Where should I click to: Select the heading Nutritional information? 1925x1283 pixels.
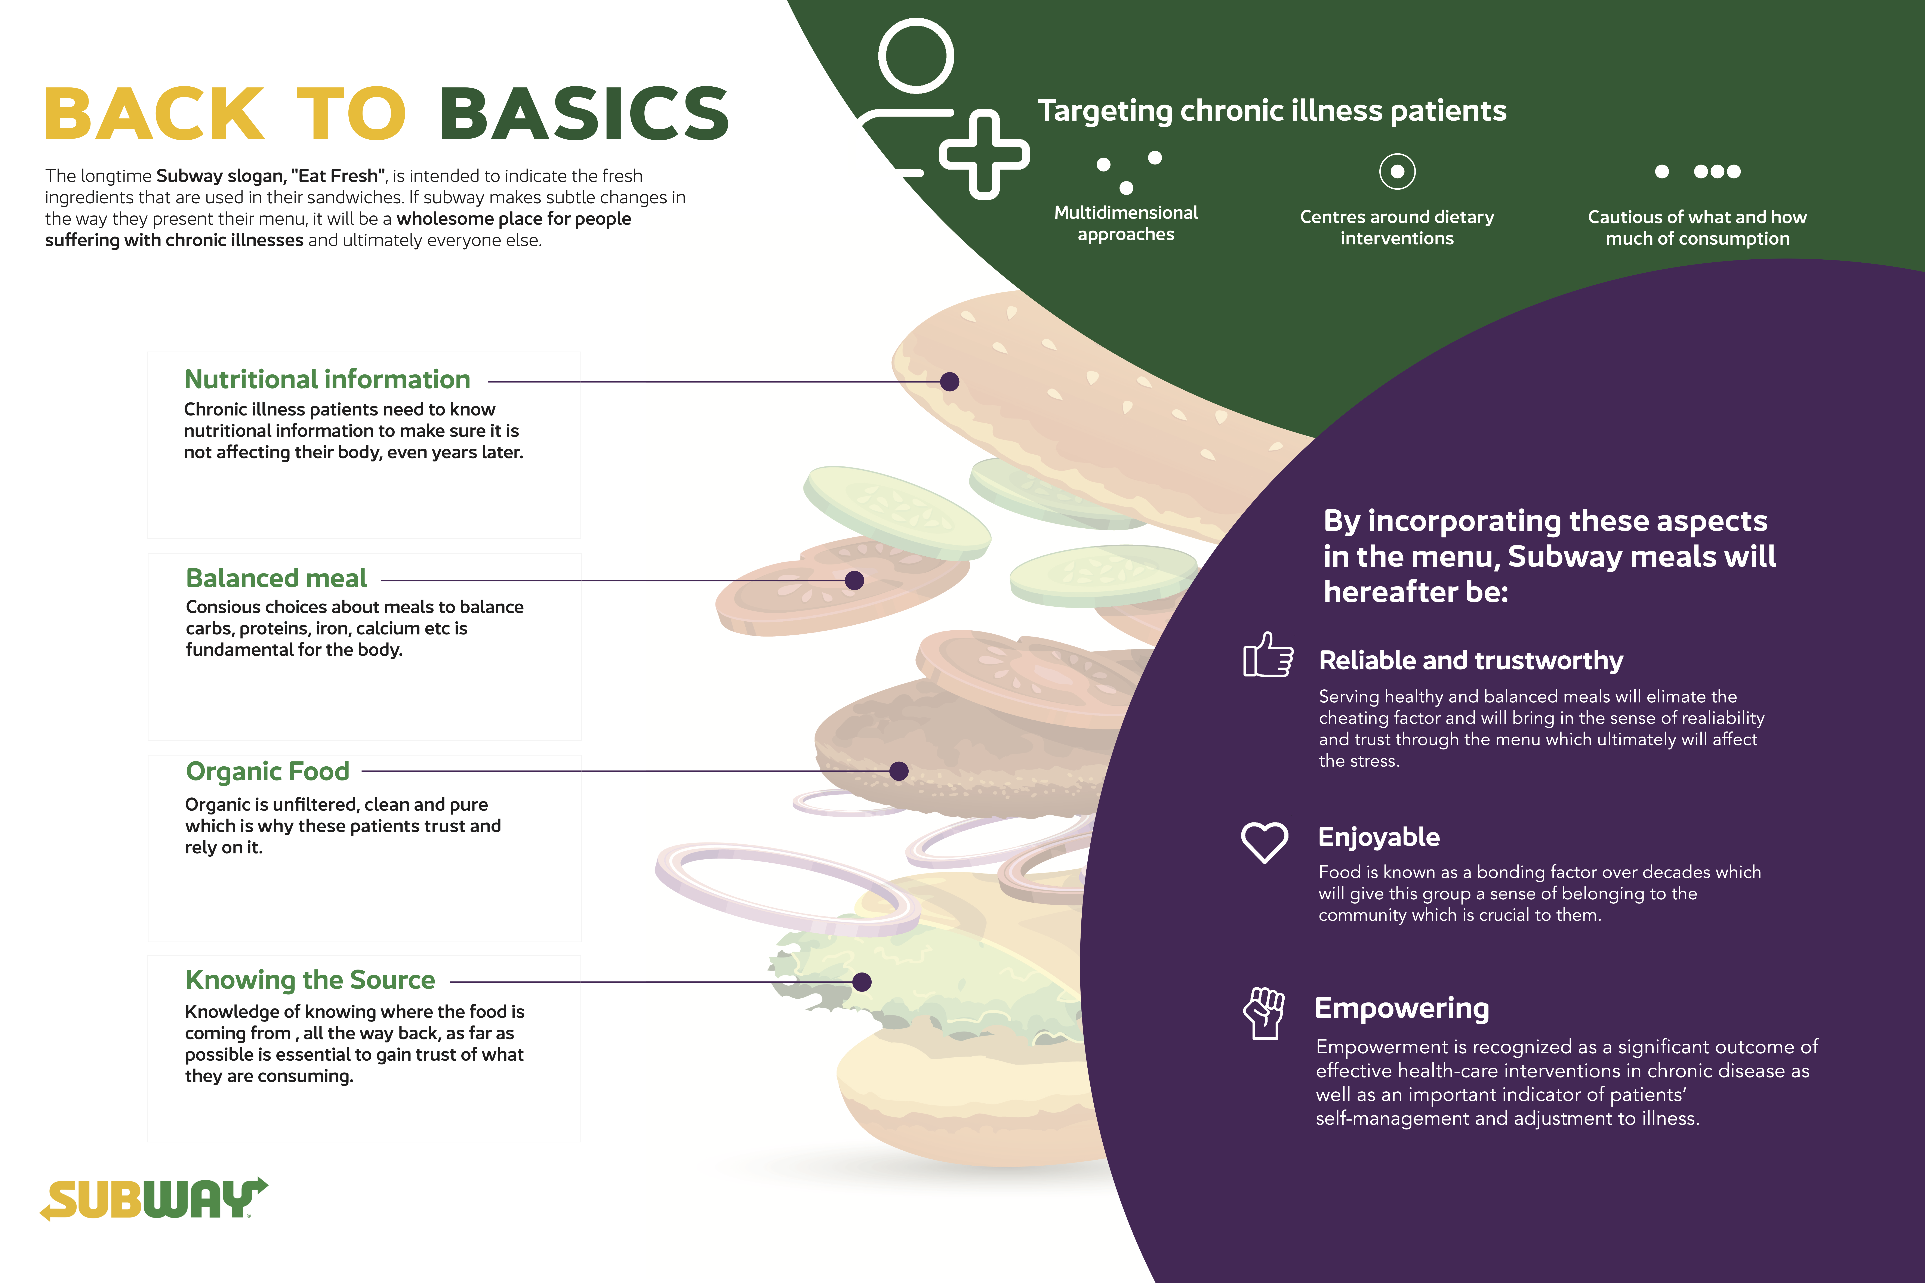(327, 380)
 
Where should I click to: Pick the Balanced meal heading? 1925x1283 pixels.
(277, 578)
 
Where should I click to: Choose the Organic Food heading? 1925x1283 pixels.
(268, 772)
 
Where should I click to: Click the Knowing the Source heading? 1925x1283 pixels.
(310, 980)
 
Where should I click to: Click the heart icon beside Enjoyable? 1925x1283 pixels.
(1265, 842)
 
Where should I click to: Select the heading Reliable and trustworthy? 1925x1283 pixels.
(1471, 660)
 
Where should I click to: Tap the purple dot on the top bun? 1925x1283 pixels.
(949, 381)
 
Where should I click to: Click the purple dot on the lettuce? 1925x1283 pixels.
(862, 982)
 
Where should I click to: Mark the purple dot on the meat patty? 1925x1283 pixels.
(899, 771)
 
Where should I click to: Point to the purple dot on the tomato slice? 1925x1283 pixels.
(854, 580)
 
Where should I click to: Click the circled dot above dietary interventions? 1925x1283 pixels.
(1397, 171)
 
